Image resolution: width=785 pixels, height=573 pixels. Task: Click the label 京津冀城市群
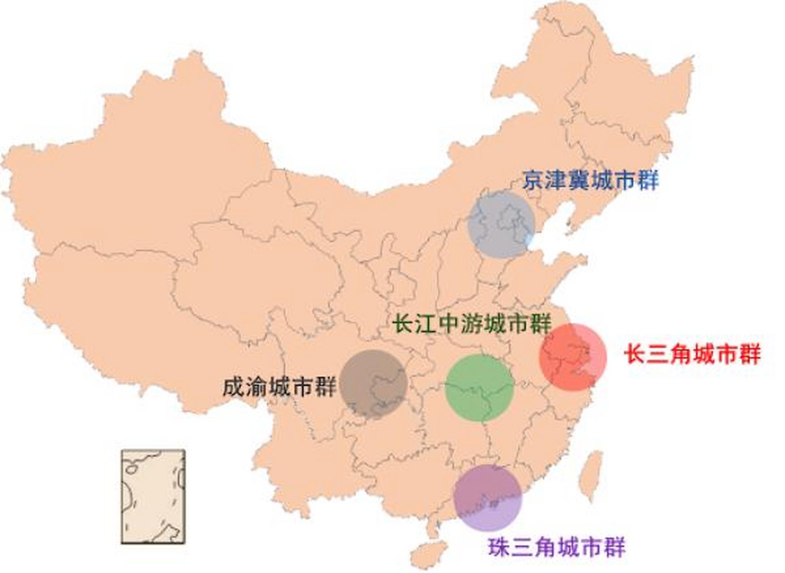click(591, 180)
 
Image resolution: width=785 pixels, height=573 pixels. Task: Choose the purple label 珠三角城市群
click(557, 547)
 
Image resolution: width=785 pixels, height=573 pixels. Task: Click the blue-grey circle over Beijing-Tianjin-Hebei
click(501, 224)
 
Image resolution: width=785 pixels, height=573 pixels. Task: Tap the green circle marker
click(479, 388)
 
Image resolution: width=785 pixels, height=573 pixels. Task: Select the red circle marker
click(573, 357)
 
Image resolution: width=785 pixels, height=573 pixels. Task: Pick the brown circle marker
click(373, 384)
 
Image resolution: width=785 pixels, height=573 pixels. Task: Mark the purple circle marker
click(488, 497)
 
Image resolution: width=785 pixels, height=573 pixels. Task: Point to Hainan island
click(429, 554)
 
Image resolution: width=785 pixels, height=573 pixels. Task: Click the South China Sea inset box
click(153, 496)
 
